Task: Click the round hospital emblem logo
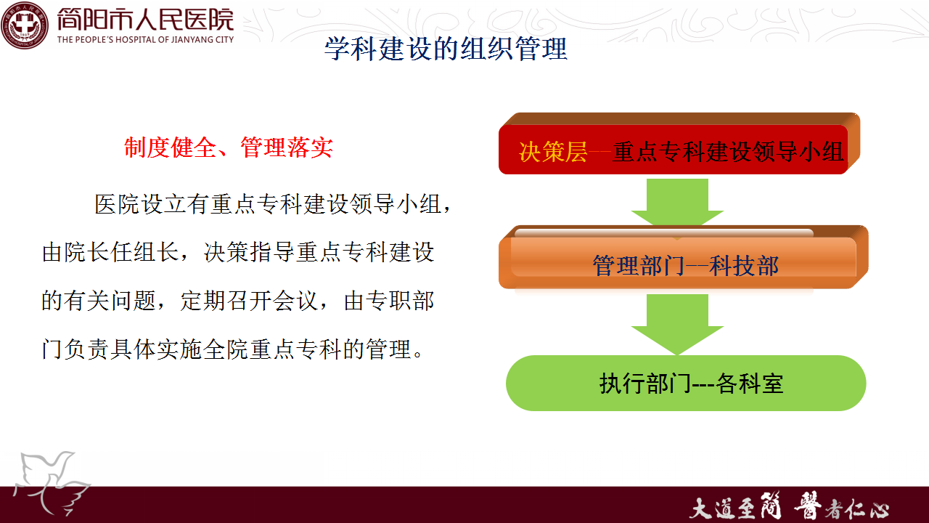tap(25, 25)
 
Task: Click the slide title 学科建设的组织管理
tap(446, 49)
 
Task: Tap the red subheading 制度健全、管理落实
tap(229, 147)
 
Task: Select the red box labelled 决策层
tap(679, 144)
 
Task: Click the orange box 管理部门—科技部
tap(684, 257)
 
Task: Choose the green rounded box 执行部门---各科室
tap(686, 383)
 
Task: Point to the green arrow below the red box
tap(678, 203)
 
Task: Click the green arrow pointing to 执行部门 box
tap(678, 325)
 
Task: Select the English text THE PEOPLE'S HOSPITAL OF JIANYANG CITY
tap(146, 40)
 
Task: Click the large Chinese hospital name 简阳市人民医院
tap(145, 20)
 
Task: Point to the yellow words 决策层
tap(553, 152)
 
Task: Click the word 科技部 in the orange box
tap(744, 266)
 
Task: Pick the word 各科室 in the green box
tap(750, 384)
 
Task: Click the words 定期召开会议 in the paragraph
tap(249, 301)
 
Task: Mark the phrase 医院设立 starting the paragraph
tap(140, 204)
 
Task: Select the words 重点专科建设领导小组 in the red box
tap(728, 152)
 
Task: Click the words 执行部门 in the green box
tap(645, 384)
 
